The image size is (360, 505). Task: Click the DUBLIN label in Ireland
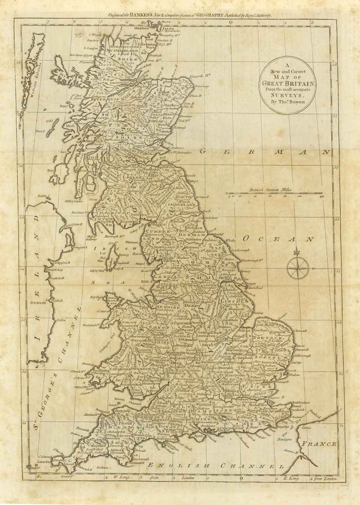pos(39,303)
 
